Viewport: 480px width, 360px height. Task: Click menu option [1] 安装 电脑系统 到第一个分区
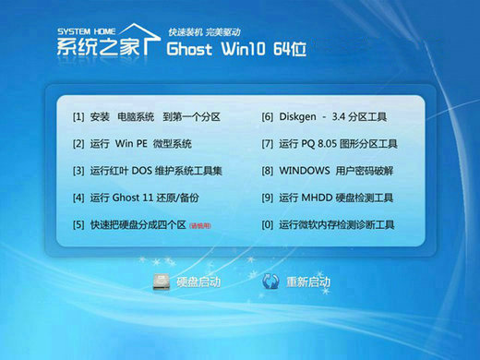tap(146, 117)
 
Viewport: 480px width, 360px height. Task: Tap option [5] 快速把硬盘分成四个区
tap(129, 224)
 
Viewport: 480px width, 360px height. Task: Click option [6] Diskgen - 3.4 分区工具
tap(324, 117)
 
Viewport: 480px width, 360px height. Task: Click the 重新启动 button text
tap(308, 282)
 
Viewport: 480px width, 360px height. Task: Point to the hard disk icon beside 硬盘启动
tap(159, 282)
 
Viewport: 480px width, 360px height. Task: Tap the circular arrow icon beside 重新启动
tap(270, 282)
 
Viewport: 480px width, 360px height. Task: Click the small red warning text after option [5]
tap(200, 225)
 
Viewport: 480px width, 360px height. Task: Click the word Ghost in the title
tap(192, 48)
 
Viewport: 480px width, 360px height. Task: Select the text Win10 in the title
tap(246, 48)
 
